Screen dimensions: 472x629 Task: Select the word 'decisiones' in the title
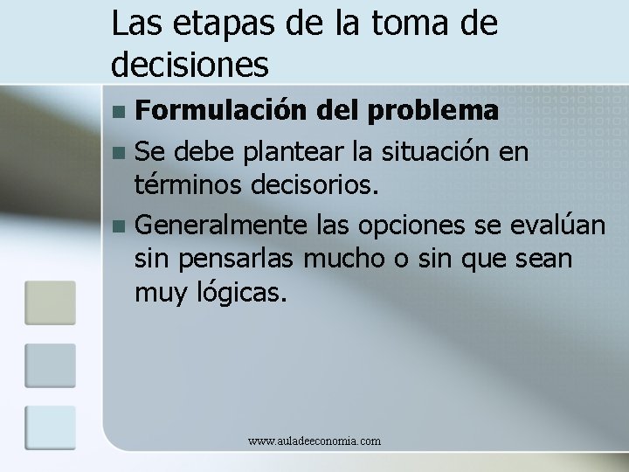click(191, 64)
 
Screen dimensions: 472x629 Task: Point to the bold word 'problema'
click(433, 112)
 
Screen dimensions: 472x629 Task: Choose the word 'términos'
click(183, 184)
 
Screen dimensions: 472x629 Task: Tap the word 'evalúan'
click(556, 226)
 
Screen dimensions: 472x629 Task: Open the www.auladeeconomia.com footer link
click(314, 441)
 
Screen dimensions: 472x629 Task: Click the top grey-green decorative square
click(50, 302)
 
